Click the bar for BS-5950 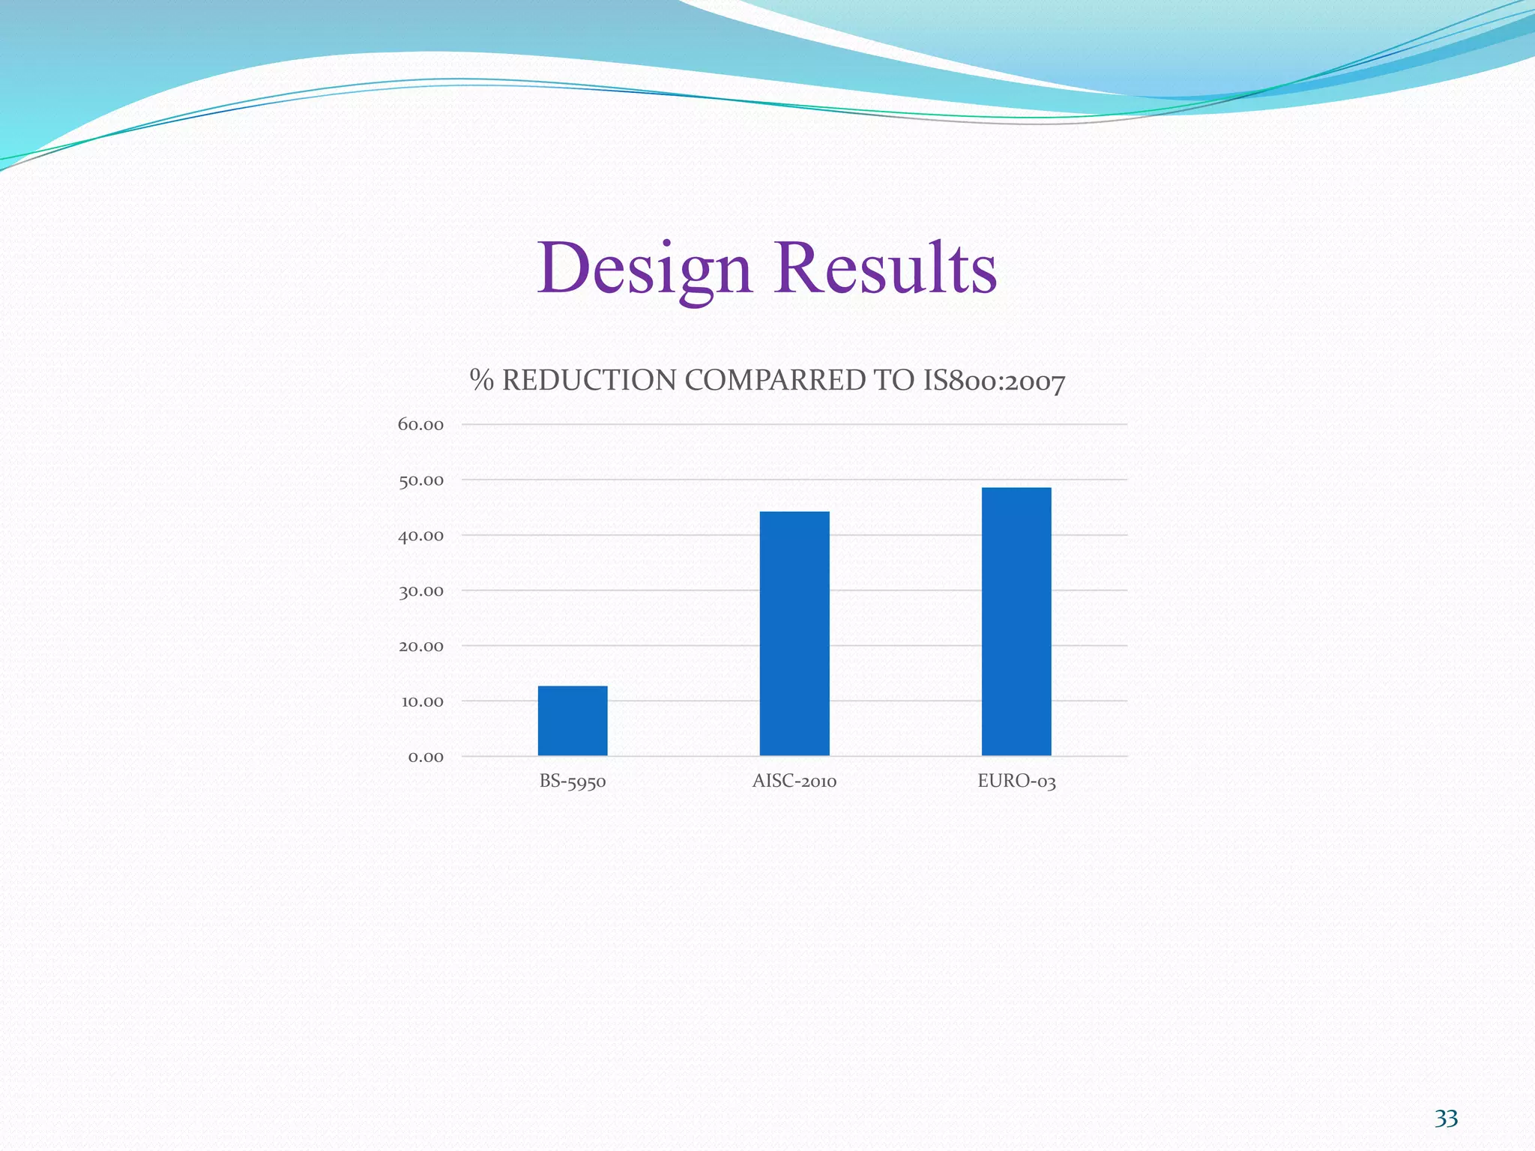pyautogui.click(x=573, y=720)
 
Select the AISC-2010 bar pyautogui.click(x=794, y=633)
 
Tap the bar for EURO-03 pyautogui.click(x=1016, y=621)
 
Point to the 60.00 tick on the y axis pyautogui.click(x=420, y=425)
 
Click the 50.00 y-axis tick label pyautogui.click(x=420, y=480)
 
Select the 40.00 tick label pyautogui.click(x=420, y=536)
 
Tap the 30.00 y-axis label pyautogui.click(x=420, y=591)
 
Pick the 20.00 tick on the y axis pyautogui.click(x=420, y=646)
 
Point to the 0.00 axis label pyautogui.click(x=425, y=757)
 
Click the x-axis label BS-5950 pyautogui.click(x=573, y=782)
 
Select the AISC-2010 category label pyautogui.click(x=794, y=782)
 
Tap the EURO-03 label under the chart pyautogui.click(x=1016, y=782)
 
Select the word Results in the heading pyautogui.click(x=886, y=268)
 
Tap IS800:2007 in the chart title pyautogui.click(x=994, y=381)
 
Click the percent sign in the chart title pyautogui.click(x=482, y=381)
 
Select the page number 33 pyautogui.click(x=1446, y=1119)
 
